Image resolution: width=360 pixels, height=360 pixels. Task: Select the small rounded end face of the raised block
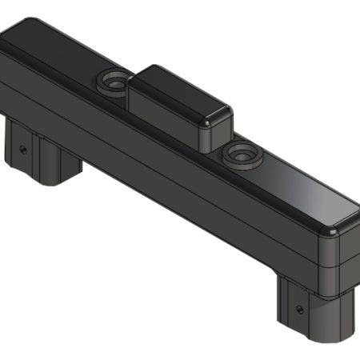(x=216, y=131)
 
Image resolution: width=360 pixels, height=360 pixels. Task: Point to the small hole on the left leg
(x=23, y=148)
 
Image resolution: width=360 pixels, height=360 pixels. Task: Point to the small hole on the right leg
(x=300, y=306)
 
